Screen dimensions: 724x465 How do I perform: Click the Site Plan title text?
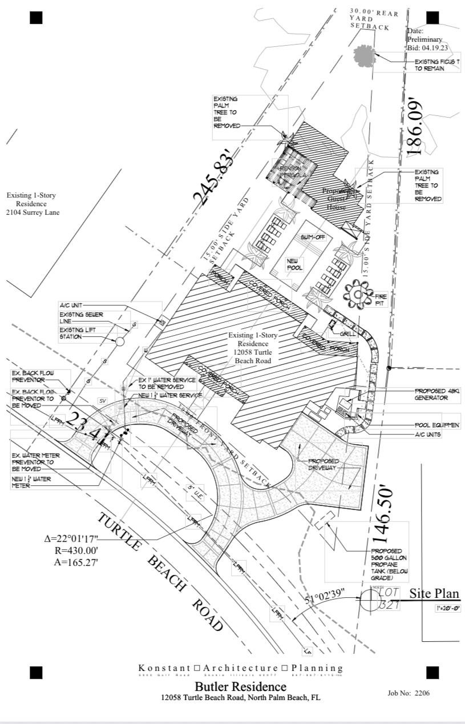coord(434,594)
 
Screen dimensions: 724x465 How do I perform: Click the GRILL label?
coord(347,333)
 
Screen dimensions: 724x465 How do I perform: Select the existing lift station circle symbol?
coord(120,341)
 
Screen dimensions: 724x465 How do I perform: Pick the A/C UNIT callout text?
coord(72,305)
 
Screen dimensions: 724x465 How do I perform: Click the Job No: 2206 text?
coord(408,693)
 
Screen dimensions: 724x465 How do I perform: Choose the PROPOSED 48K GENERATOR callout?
coord(436,394)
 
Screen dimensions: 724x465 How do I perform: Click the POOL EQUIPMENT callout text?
coord(437,425)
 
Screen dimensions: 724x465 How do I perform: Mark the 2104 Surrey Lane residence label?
coord(31,204)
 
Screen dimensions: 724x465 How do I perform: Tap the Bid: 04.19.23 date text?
coord(427,47)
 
